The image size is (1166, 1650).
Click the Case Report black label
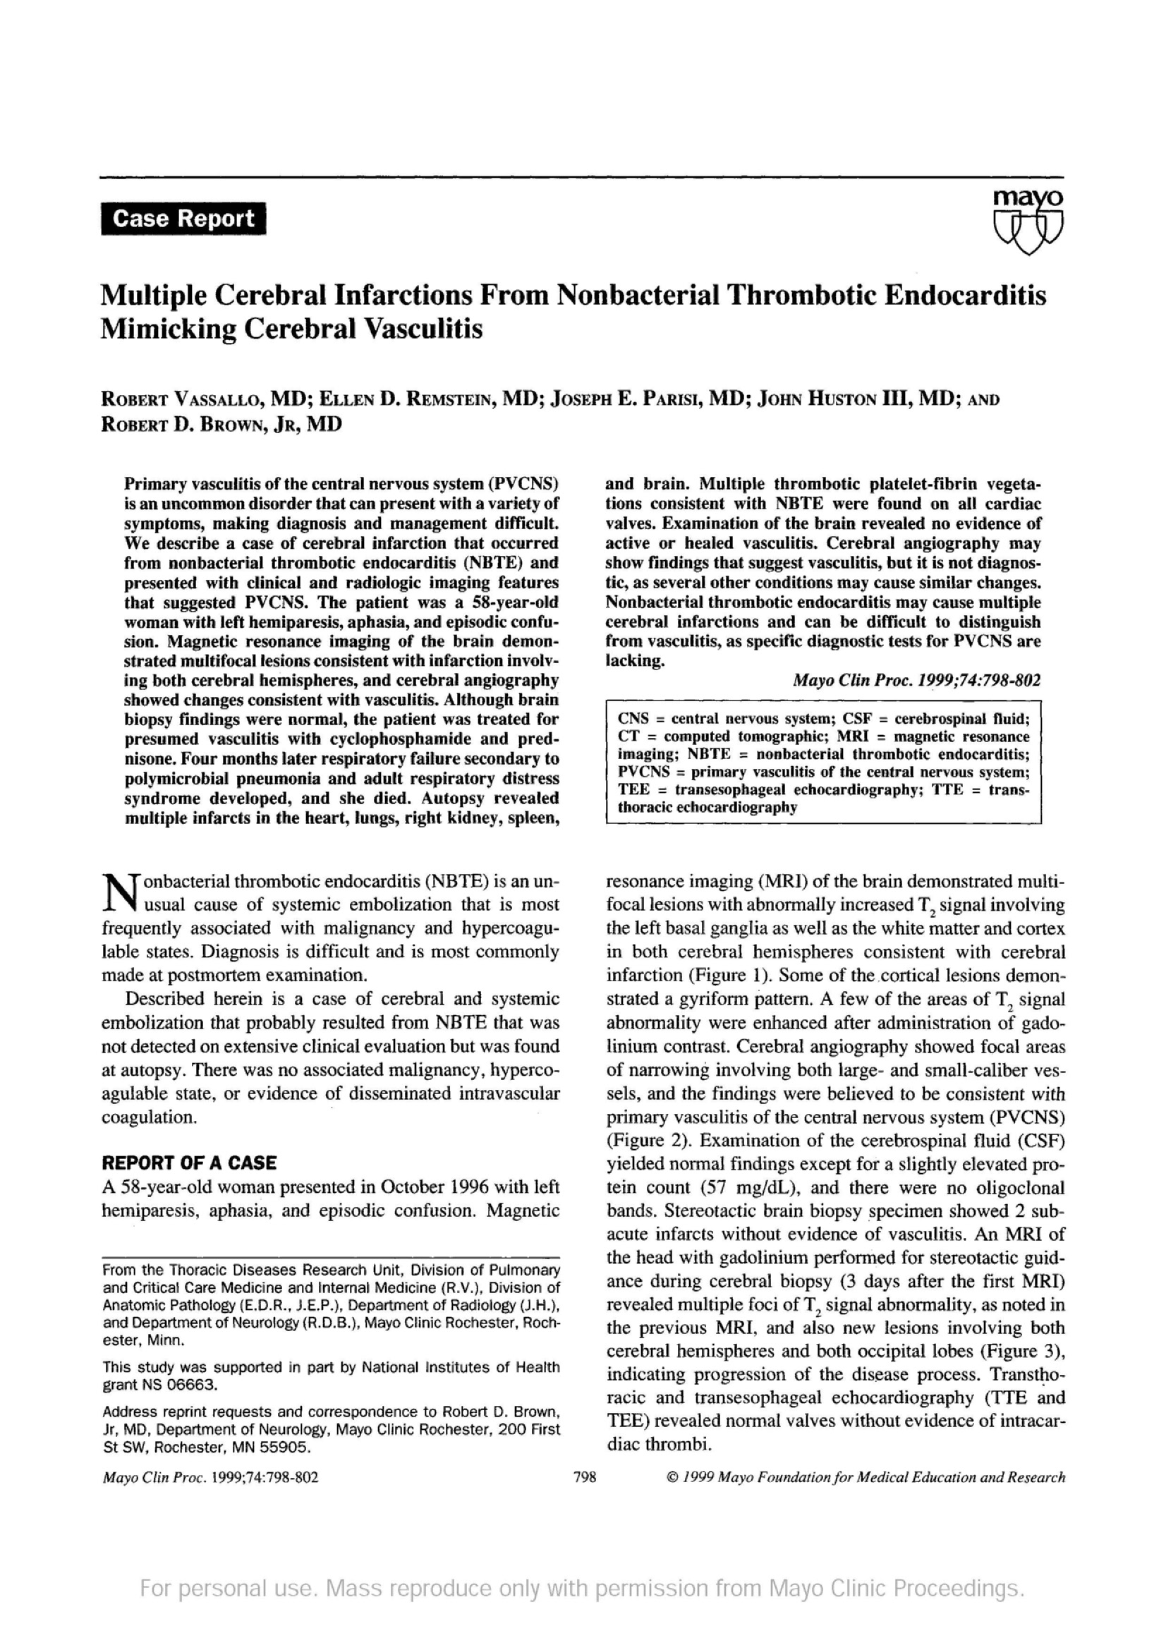(183, 219)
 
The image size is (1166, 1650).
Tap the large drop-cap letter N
(118, 893)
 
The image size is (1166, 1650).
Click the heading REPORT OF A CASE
(189, 1163)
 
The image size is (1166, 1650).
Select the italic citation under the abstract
(916, 680)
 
